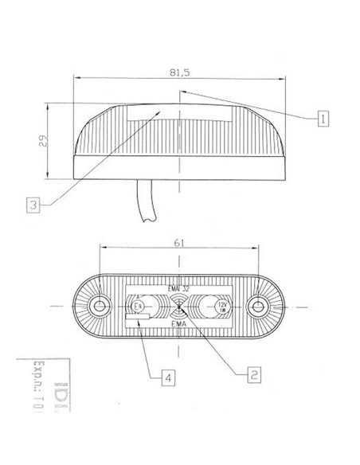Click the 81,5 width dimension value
(179, 72)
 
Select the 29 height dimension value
(45, 142)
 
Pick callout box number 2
(252, 372)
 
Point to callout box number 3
(31, 205)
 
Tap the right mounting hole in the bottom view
(257, 307)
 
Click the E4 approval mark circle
(136, 305)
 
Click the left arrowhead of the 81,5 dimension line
(76, 78)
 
